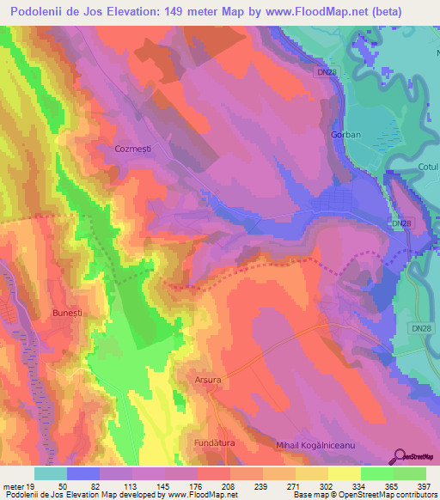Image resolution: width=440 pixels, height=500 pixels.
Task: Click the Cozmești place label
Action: coord(131,149)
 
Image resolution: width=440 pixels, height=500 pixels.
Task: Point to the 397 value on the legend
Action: coord(424,485)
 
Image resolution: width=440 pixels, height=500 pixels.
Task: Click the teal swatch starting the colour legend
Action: coord(51,473)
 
